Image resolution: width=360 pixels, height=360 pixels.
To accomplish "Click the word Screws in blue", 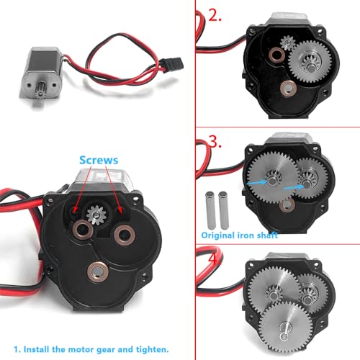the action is [99, 161].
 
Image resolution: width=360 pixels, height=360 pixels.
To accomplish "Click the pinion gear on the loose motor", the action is [40, 91].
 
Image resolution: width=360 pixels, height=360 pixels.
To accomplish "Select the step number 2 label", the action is [215, 16].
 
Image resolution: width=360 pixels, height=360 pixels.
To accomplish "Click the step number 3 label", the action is [215, 142].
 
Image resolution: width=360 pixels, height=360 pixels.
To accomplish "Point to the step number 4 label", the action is [214, 258].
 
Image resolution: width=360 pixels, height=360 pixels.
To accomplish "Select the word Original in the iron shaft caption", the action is [218, 235].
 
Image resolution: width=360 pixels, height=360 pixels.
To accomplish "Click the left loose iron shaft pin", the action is [210, 210].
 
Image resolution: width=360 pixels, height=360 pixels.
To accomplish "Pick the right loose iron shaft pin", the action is [223, 210].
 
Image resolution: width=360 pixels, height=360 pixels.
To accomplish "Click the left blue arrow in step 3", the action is [257, 183].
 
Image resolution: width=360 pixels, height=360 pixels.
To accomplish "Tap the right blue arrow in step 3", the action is [294, 187].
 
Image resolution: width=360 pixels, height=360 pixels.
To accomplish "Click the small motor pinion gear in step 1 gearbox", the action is [95, 215].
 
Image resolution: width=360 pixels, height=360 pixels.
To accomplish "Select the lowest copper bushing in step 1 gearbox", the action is [98, 271].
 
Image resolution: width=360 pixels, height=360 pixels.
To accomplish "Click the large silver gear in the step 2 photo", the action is [310, 62].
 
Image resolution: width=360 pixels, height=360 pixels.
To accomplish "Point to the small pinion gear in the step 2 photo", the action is [288, 42].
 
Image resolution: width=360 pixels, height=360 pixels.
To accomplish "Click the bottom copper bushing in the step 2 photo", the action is [288, 89].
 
